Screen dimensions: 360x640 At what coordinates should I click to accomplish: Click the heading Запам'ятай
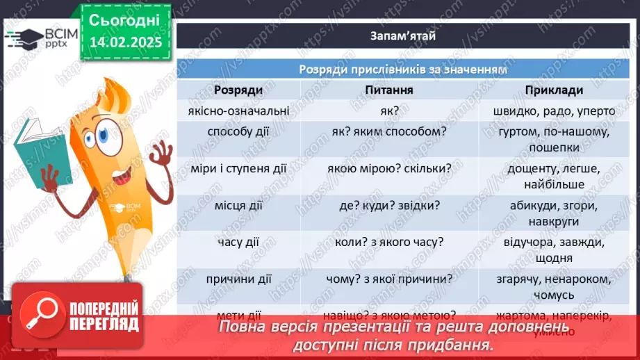402,37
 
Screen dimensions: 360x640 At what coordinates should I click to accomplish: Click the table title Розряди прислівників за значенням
402,69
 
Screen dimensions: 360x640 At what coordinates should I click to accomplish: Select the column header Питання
389,90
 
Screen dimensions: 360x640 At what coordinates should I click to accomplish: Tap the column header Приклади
554,90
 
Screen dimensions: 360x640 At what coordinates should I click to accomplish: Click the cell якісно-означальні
238,111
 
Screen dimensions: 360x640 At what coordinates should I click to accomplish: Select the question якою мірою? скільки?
389,168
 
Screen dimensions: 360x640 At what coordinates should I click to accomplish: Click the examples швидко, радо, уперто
554,111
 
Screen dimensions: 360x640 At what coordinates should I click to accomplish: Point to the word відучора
527,243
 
